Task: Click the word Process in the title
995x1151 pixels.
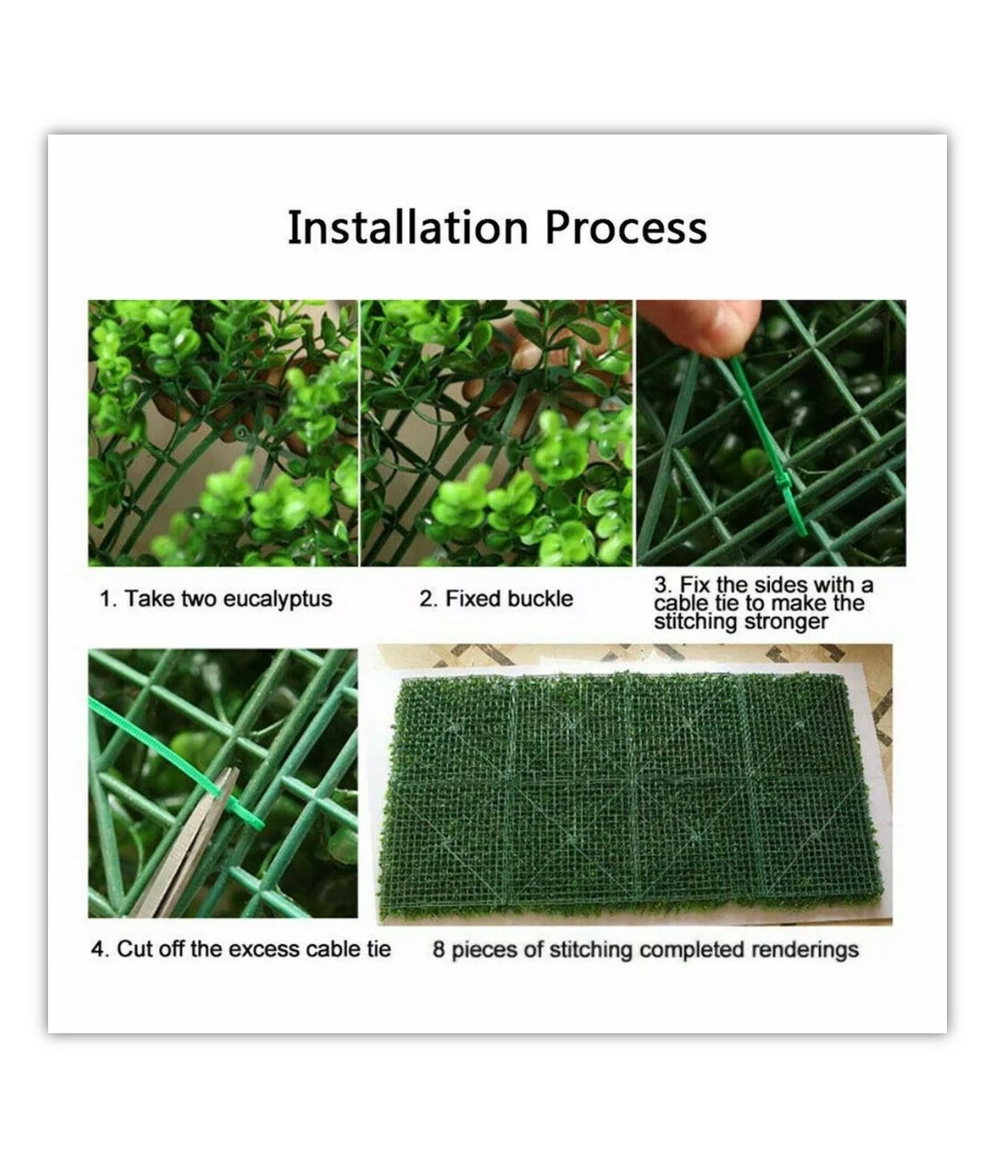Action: click(x=626, y=230)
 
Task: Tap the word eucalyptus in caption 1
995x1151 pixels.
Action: click(x=278, y=599)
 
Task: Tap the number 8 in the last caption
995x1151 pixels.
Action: click(x=438, y=949)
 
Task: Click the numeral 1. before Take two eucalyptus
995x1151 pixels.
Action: click(x=106, y=599)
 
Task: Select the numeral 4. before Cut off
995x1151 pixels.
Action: click(x=99, y=949)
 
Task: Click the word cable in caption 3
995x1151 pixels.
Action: click(x=681, y=604)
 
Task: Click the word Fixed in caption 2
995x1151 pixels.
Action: click(x=474, y=599)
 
